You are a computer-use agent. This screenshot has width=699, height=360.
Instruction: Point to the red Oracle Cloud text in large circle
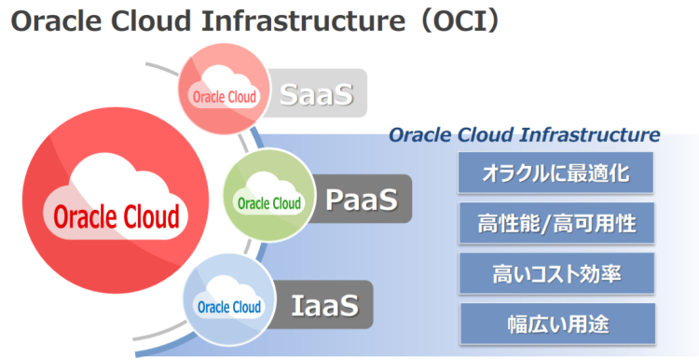[x=116, y=217]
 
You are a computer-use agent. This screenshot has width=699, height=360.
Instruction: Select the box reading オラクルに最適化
[x=555, y=174]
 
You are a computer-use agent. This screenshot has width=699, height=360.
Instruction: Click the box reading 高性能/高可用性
[x=555, y=224]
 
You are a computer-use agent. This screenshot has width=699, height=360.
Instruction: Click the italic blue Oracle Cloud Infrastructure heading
[x=524, y=135]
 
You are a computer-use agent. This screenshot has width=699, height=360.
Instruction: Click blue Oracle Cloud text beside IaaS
[x=229, y=307]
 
